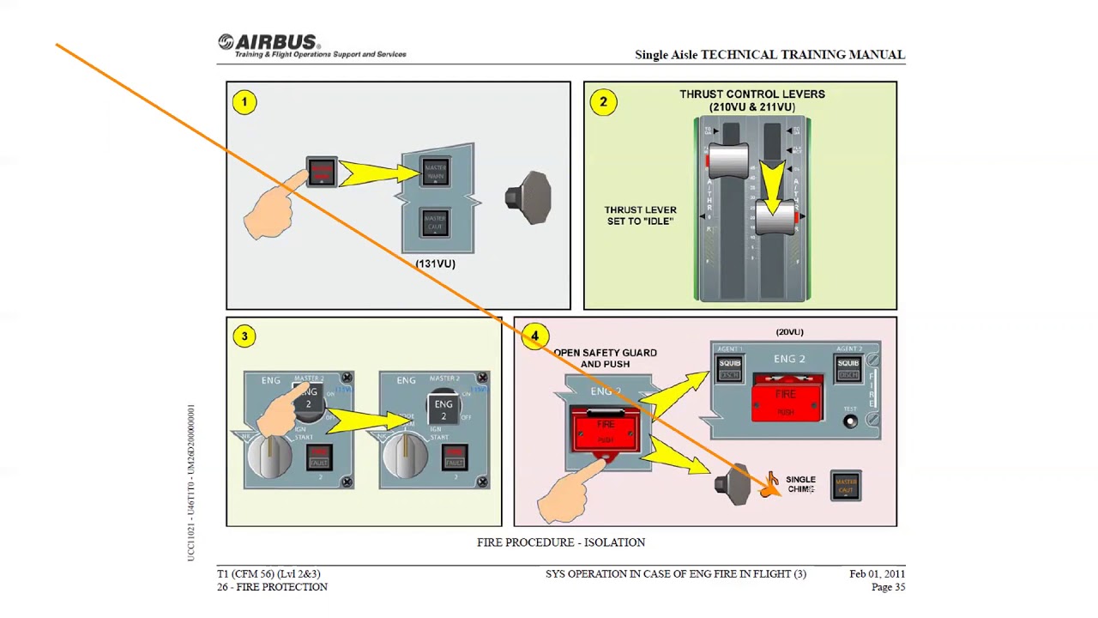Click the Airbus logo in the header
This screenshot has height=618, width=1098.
coord(268,43)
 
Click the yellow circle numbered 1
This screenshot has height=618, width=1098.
coord(244,103)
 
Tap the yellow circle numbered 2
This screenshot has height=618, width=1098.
coord(603,103)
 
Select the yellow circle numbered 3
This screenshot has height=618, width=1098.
coord(244,336)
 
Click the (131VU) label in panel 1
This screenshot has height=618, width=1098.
coord(436,264)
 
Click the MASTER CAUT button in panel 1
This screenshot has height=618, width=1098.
coord(435,222)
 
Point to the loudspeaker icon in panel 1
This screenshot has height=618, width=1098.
coord(528,197)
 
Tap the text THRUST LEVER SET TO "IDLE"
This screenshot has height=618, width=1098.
coord(640,215)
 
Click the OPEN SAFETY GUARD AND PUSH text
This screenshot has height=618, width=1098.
coord(605,358)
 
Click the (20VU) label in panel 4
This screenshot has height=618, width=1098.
coord(789,332)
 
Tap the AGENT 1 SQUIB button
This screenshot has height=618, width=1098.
coord(730,368)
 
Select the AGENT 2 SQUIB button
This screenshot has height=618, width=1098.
coord(848,368)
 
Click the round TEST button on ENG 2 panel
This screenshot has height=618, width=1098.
coord(850,421)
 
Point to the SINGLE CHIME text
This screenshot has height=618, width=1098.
coord(800,485)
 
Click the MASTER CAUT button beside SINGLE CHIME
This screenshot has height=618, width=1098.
coord(846,486)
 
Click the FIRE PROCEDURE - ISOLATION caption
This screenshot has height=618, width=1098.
coord(561,542)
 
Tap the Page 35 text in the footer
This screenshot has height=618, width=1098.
coord(888,587)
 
